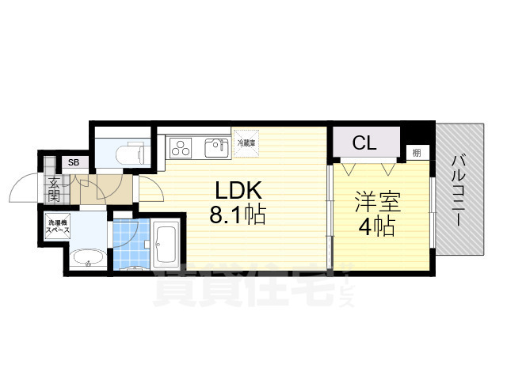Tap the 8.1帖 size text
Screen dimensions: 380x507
click(237, 215)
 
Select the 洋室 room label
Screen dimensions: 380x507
click(377, 202)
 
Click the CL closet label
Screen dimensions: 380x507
click(365, 143)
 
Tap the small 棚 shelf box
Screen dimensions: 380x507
click(415, 152)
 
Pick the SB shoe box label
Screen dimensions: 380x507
click(74, 163)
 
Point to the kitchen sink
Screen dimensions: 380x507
click(215, 147)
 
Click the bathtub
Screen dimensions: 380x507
click(166, 245)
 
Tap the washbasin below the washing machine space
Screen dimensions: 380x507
click(85, 258)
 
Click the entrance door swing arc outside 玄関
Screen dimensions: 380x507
click(21, 190)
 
